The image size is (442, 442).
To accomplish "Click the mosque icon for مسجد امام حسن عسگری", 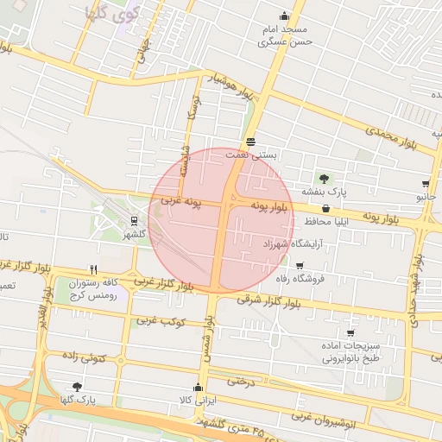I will click(284, 16).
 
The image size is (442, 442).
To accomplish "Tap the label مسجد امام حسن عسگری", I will click(284, 35).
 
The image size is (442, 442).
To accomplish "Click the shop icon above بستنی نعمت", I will click(250, 141).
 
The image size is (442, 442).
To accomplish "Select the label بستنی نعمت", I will click(251, 154).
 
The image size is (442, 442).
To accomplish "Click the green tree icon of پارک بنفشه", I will click(325, 179).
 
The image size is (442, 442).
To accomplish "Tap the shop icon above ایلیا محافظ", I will click(325, 209).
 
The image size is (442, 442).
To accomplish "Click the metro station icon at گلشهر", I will click(134, 220).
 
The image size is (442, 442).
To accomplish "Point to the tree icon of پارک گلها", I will click(78, 387).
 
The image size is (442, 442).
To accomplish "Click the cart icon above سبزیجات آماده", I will click(350, 333).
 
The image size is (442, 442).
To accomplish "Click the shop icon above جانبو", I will click(426, 184).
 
